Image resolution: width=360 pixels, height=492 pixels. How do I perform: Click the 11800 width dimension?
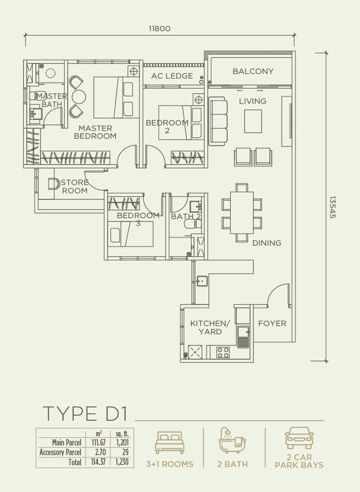tap(159, 29)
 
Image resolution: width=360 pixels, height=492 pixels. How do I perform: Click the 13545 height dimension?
tap(333, 208)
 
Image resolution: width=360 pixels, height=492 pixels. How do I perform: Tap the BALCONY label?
tap(253, 71)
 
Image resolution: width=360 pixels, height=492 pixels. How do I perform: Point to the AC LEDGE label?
tap(172, 76)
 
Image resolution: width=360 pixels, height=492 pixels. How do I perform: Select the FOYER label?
tap(272, 323)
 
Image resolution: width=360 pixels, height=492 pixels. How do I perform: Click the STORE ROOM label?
tap(75, 187)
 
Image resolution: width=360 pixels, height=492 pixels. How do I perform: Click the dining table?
tap(242, 213)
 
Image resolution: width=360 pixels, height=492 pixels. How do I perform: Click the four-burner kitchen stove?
tap(223, 352)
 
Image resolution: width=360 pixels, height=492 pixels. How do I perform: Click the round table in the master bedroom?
tap(79, 97)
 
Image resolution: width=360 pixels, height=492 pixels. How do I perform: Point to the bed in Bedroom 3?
tap(131, 234)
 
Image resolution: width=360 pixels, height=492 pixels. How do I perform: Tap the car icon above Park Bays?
tap(299, 438)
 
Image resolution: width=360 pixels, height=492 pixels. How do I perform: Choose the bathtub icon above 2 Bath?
tap(233, 440)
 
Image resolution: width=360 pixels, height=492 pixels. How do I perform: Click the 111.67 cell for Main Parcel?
tap(98, 442)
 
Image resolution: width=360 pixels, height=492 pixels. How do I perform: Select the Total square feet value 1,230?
tap(122, 462)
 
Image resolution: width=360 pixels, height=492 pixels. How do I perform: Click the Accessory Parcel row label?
tap(61, 453)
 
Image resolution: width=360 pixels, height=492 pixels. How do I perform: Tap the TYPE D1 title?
tap(85, 413)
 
